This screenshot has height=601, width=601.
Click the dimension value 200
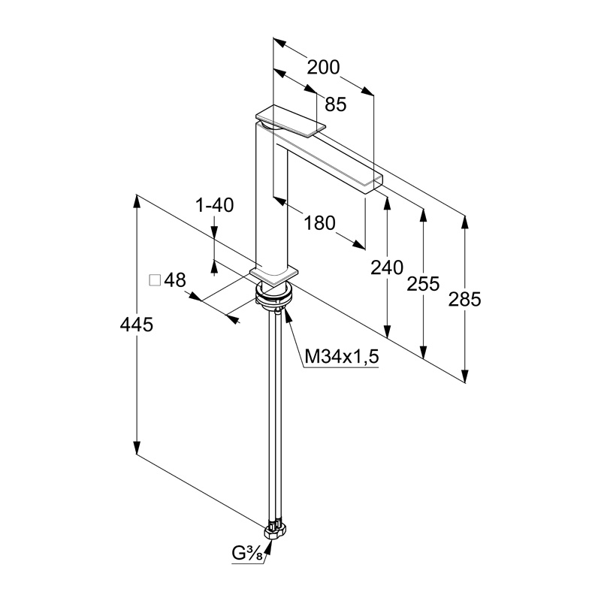tap(324, 68)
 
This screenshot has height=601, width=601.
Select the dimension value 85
tap(335, 104)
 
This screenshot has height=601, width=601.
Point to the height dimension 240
tap(387, 267)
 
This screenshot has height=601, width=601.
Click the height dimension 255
tap(424, 283)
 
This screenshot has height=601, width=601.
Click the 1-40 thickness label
tap(215, 205)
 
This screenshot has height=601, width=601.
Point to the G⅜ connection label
tap(246, 557)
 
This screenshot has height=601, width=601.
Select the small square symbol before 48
tap(156, 281)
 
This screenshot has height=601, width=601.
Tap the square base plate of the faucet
tap(274, 273)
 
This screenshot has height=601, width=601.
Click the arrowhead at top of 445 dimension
tap(137, 198)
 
